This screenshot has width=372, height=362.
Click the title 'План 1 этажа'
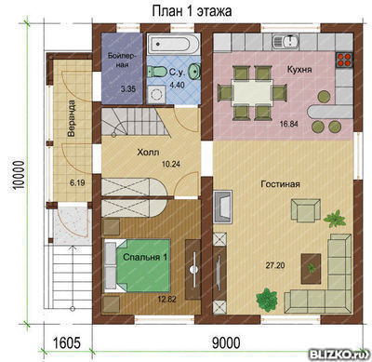tap(192, 11)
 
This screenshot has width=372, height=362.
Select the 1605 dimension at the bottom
tap(67, 343)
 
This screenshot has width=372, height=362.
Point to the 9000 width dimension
tap(226, 343)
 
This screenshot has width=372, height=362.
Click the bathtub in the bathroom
tap(173, 44)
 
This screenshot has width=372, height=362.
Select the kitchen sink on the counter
tap(286, 41)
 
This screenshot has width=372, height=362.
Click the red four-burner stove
tap(344, 60)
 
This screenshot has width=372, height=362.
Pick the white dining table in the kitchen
tap(252, 92)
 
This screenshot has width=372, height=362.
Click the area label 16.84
tap(288, 124)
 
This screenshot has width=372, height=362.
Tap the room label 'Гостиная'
tap(280, 184)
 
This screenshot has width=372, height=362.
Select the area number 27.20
tap(275, 265)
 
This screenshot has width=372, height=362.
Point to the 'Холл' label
tap(148, 153)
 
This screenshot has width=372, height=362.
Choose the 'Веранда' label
tap(72, 118)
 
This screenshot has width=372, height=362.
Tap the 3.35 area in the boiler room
tap(128, 89)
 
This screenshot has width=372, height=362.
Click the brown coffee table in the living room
tap(311, 269)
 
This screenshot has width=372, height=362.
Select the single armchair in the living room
tap(306, 210)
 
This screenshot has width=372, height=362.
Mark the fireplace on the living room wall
tap(222, 207)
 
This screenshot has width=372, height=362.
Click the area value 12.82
tap(166, 300)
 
